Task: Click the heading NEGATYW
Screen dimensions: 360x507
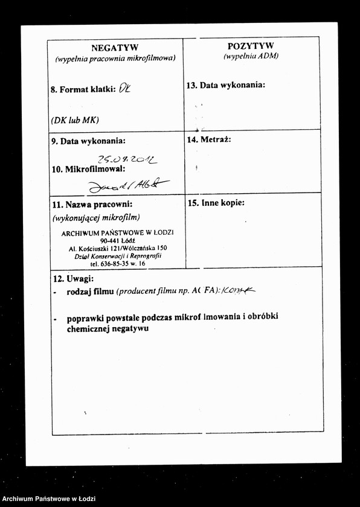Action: point(115,47)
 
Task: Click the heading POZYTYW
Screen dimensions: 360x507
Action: point(251,45)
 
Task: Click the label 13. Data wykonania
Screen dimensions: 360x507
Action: point(226,85)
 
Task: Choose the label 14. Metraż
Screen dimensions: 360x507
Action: point(209,139)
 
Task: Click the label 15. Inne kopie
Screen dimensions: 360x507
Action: point(216,203)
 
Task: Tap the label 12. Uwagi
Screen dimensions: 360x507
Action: point(73,279)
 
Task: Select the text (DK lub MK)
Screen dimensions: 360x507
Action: point(75,120)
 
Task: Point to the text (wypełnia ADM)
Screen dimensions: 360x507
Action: point(251,56)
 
